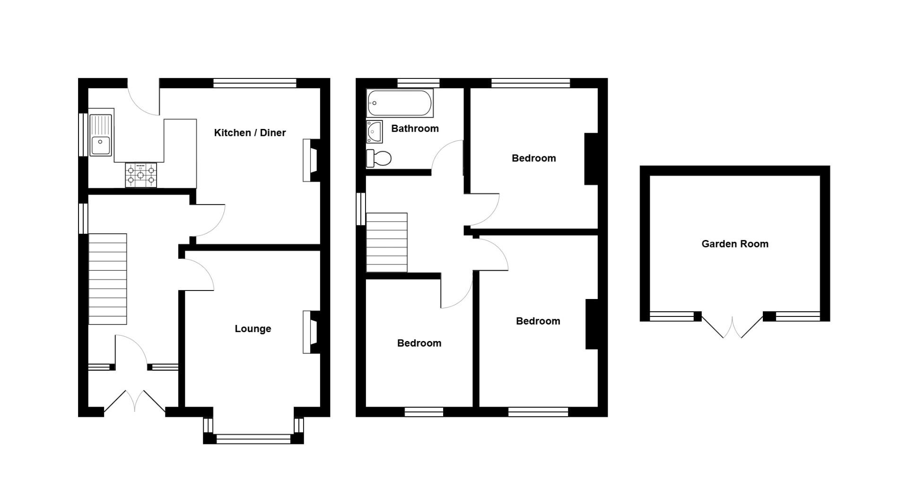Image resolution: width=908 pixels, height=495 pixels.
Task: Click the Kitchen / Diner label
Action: coord(250,133)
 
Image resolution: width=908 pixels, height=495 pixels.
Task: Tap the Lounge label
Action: coord(253,329)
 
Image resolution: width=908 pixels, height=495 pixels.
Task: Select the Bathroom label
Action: coord(415,128)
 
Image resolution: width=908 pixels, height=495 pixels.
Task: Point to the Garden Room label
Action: coord(734,244)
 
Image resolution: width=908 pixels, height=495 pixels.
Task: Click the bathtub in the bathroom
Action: coord(400,103)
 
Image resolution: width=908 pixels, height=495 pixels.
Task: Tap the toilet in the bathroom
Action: coord(379,158)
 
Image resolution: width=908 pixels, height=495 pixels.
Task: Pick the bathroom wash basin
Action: coord(374,131)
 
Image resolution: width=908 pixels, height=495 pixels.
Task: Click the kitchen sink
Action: coord(101,135)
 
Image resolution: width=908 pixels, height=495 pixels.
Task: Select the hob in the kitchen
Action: coord(141,175)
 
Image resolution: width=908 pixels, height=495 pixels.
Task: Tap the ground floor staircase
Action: coord(108,279)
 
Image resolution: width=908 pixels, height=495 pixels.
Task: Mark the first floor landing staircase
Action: coord(387,242)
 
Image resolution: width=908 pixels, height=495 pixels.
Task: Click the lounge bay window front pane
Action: coord(253,439)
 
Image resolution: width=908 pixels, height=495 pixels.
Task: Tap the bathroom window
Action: coord(418,83)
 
